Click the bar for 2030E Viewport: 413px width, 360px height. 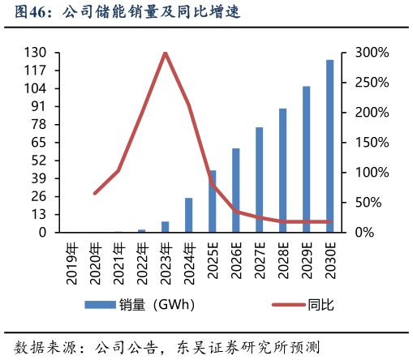pos(329,146)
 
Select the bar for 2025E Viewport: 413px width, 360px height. pos(212,201)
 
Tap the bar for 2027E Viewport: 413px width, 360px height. pos(259,179)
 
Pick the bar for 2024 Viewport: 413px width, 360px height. pos(188,215)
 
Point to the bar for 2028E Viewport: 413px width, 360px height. pos(282,170)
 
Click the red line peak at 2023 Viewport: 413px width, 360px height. pos(165,53)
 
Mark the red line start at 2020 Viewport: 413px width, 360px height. pos(95,193)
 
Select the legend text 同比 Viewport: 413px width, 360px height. pos(321,305)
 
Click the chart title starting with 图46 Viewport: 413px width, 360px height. pos(122,13)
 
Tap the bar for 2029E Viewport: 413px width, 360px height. pos(306,159)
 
